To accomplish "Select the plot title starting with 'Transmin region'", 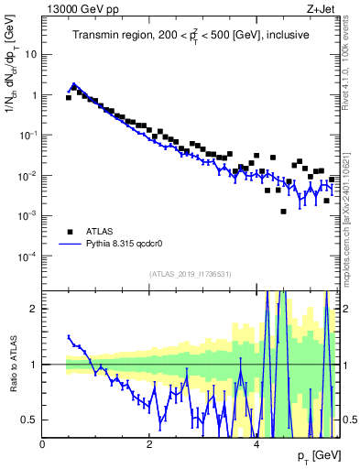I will click(x=191, y=35).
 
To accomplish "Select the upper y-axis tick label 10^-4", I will click(x=28, y=256).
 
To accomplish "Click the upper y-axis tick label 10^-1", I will click(x=28, y=135).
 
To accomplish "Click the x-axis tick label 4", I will click(x=256, y=444).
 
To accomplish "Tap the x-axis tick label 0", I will click(x=42, y=444).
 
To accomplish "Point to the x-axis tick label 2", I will click(x=149, y=444).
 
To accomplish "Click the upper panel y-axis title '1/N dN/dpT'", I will click(x=12, y=109).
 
